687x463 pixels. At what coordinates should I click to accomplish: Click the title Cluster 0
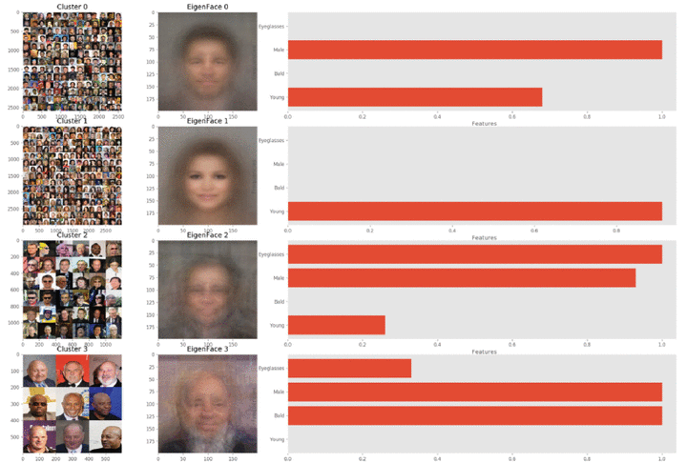pos(72,7)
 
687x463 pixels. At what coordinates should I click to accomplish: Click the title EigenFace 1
pos(207,121)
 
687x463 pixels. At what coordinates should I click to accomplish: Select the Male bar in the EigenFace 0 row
pos(474,50)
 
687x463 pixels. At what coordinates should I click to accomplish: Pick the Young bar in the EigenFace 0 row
pos(414,96)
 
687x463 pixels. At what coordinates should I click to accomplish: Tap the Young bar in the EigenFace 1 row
pos(474,211)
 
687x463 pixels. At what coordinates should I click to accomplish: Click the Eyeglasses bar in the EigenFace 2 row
pos(474,254)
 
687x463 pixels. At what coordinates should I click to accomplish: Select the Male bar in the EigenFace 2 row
pos(461,277)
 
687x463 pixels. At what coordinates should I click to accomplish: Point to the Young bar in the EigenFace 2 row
pos(336,325)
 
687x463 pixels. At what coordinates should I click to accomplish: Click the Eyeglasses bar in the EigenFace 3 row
pos(349,369)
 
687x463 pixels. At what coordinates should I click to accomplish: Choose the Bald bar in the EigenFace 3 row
pos(474,415)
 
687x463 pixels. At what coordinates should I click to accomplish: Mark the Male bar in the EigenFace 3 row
pos(474,392)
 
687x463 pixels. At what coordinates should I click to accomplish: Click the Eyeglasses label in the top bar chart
pos(272,27)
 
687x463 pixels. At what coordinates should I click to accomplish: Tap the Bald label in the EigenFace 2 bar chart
pos(279,301)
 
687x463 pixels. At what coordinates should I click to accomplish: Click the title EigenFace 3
pos(207,350)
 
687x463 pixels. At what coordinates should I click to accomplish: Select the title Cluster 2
pos(72,235)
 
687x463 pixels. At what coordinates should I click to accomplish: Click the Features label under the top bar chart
pos(485,123)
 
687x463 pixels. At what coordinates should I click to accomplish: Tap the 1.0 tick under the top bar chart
pos(662,115)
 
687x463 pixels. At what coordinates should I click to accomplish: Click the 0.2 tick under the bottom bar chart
pos(363,458)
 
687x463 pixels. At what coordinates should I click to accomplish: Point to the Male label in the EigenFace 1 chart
pos(279,164)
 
